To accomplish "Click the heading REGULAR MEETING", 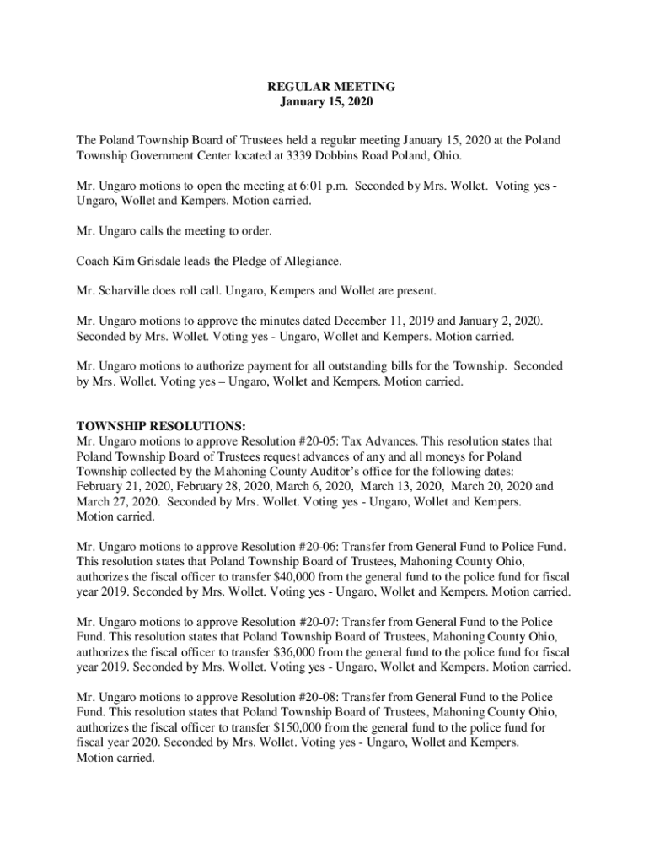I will click(x=324, y=87).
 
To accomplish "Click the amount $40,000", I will click(x=299, y=577).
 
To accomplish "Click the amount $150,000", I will click(x=303, y=727).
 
